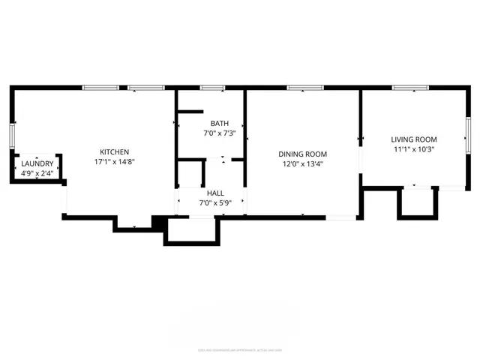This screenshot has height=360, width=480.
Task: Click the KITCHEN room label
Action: (x=115, y=151)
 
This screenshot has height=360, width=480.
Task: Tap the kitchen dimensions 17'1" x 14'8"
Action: (x=115, y=161)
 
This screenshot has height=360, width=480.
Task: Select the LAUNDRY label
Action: (x=37, y=164)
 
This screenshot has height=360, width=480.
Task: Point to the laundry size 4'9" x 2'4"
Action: (x=37, y=174)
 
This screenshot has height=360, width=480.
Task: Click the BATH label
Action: (x=220, y=124)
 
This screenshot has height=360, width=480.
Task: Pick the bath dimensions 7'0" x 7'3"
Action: (x=220, y=133)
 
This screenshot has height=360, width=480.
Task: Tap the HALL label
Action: (x=216, y=193)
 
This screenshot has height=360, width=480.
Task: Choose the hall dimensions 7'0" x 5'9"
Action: (x=216, y=202)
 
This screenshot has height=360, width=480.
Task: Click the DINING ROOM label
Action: (x=304, y=154)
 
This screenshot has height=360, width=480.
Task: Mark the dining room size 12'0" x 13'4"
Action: (x=304, y=164)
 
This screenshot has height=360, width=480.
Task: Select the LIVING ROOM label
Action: (x=413, y=139)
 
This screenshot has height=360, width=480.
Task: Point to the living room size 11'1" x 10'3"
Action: (x=413, y=149)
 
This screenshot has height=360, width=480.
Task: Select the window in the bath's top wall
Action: (x=211, y=88)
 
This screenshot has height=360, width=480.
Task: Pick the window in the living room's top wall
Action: (x=410, y=88)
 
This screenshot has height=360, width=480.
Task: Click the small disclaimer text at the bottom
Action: (x=240, y=349)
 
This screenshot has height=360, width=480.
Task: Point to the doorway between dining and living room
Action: (x=360, y=139)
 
